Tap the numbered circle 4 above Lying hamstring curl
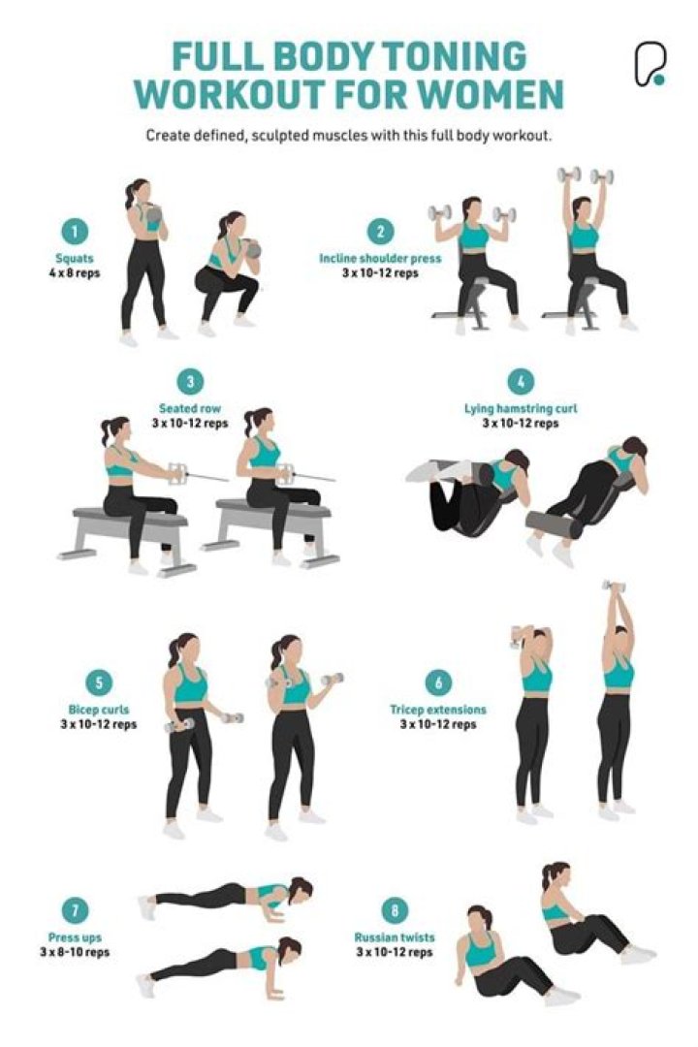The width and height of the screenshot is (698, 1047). [x=521, y=381]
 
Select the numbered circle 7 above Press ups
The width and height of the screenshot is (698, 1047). [x=75, y=911]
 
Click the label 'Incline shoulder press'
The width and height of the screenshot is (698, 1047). [x=380, y=259]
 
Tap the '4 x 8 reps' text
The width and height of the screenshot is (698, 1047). [x=75, y=272]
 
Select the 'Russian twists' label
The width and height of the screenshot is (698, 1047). [x=394, y=937]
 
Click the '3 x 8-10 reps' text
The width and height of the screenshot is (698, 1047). [x=75, y=952]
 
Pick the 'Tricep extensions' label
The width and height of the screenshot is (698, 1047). [x=438, y=710]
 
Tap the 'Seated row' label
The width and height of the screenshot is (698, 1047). [x=190, y=408]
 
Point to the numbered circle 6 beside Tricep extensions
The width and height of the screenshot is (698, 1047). [x=438, y=682]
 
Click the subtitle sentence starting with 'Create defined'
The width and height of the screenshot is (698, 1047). [x=348, y=135]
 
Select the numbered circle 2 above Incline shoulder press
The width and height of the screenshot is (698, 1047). [x=380, y=232]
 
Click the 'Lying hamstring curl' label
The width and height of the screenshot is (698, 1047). [x=521, y=408]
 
